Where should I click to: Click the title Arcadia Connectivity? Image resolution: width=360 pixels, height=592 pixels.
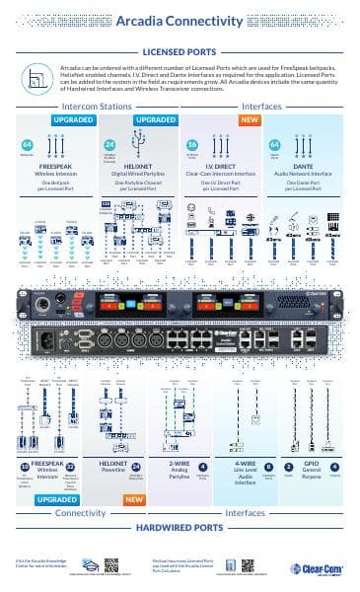(x=180, y=20)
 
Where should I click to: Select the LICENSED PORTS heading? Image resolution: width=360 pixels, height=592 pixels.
(x=180, y=50)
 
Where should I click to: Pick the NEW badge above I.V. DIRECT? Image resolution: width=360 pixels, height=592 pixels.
(x=250, y=120)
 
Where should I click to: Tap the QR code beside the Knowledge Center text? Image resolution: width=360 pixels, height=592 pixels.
(x=110, y=564)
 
